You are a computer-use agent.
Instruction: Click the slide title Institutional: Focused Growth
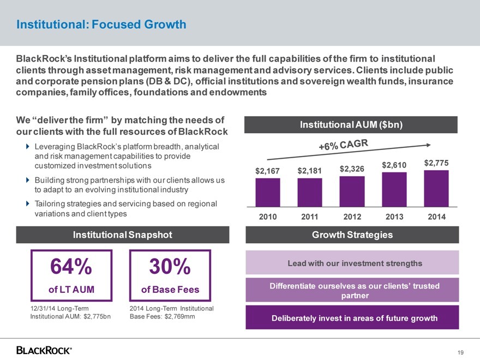point(101,25)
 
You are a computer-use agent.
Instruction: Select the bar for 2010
point(268,193)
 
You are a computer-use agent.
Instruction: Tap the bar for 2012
point(352,191)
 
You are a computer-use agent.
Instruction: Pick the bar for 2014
point(436,188)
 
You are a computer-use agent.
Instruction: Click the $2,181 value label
point(310,171)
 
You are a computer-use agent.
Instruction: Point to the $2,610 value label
point(394,165)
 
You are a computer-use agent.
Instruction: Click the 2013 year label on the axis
point(394,217)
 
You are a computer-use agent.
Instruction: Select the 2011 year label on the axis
point(310,217)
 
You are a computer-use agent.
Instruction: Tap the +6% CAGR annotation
point(344,146)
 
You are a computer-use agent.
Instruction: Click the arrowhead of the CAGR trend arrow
point(429,145)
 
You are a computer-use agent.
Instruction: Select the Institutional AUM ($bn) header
point(351,125)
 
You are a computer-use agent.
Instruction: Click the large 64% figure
point(71,267)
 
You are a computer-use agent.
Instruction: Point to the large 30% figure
point(170,267)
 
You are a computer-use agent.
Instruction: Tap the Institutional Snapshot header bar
point(123,235)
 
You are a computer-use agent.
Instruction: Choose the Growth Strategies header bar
point(352,235)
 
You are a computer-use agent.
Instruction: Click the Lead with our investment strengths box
point(352,263)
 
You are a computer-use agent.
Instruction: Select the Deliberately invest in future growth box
point(352,317)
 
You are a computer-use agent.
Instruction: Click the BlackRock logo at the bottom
point(44,350)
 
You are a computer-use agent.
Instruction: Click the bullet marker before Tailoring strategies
point(28,203)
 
